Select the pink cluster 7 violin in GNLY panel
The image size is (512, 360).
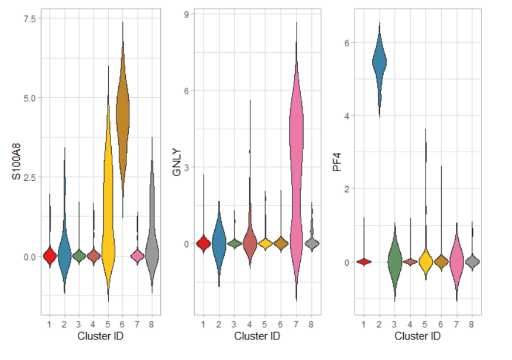pyautogui.click(x=296, y=146)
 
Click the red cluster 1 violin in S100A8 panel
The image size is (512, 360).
pyautogui.click(x=50, y=256)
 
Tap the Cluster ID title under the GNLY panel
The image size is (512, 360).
pyautogui.click(x=257, y=337)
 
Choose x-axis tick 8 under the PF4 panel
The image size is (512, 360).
pyautogui.click(x=471, y=324)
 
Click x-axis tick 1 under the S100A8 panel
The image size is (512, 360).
pyautogui.click(x=50, y=324)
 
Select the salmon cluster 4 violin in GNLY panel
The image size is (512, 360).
pyautogui.click(x=249, y=243)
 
